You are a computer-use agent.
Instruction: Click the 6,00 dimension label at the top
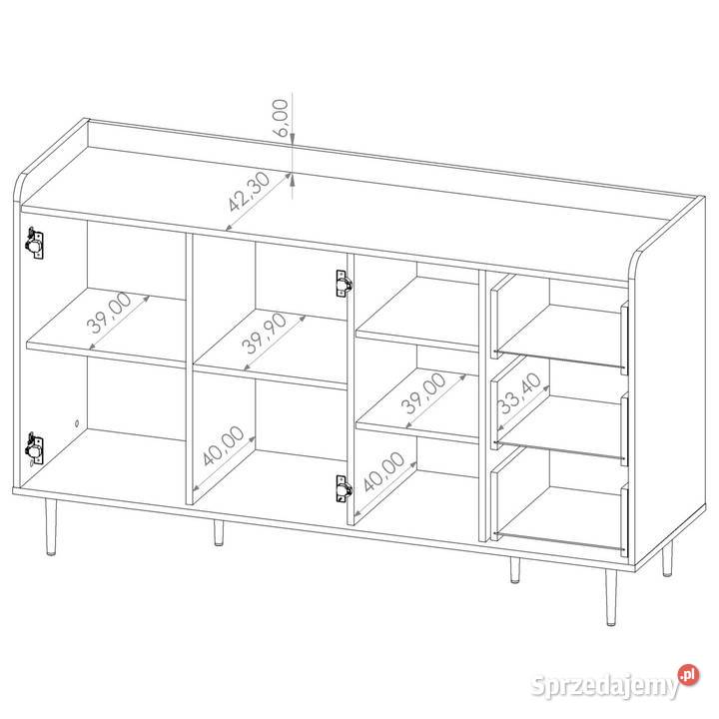[281, 118]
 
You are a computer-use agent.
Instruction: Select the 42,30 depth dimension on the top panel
[249, 191]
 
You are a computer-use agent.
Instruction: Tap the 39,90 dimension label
[264, 334]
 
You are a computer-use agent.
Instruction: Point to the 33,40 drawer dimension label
[519, 393]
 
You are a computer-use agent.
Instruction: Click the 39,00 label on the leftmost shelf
[109, 313]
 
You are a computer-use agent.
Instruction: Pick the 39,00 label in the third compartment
[422, 393]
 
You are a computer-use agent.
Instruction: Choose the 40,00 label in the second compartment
[223, 445]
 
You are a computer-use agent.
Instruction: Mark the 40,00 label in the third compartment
[383, 471]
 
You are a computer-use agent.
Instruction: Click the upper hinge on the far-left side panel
[34, 243]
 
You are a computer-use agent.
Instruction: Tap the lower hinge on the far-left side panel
[34, 448]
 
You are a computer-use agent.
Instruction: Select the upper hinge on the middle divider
[344, 284]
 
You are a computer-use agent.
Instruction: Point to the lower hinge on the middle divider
[344, 488]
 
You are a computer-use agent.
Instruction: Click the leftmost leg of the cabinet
[51, 527]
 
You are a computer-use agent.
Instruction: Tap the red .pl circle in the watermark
[689, 675]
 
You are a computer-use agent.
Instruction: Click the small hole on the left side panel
[77, 422]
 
